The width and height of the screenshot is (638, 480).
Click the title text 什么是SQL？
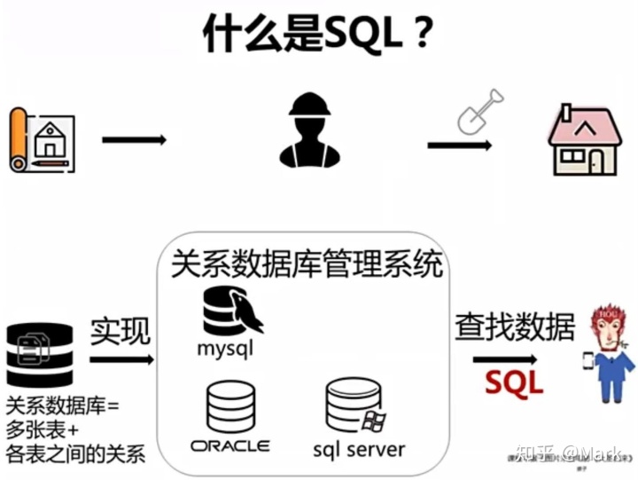click(x=318, y=35)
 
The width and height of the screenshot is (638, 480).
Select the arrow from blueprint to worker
click(x=134, y=139)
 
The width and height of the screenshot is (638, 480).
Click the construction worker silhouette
click(x=309, y=132)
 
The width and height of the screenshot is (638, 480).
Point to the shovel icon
click(x=478, y=111)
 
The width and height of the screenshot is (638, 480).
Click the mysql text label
click(x=225, y=349)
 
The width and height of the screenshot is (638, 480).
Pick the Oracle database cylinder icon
click(x=230, y=405)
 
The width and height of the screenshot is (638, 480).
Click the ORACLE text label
click(x=230, y=445)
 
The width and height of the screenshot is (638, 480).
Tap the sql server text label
click(x=359, y=447)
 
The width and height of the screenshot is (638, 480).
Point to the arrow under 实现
click(x=121, y=359)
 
